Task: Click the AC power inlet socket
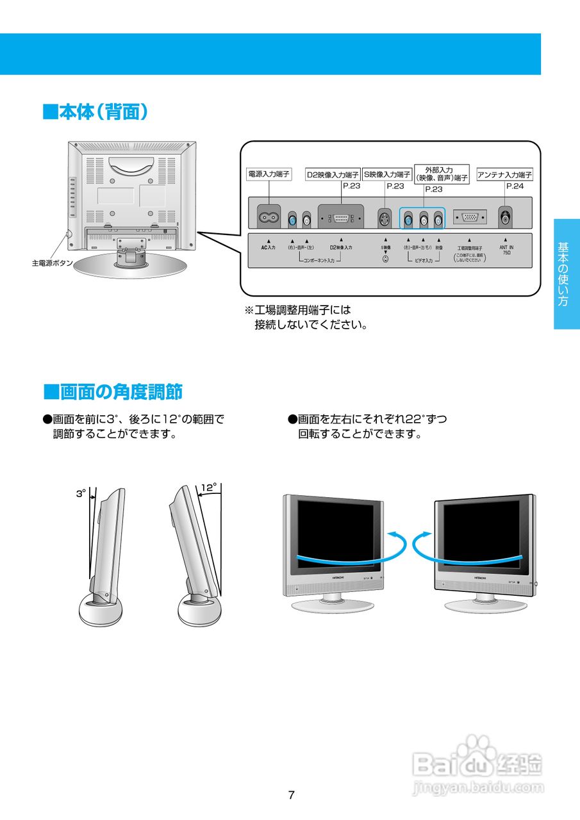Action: click(268, 218)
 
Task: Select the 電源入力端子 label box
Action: click(269, 174)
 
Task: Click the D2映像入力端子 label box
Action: click(332, 174)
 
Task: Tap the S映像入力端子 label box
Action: click(387, 174)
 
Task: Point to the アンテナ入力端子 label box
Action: click(504, 174)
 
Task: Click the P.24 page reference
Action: click(515, 186)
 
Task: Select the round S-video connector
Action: click(384, 220)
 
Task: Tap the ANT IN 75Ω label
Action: click(506, 250)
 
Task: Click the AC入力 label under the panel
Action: click(268, 247)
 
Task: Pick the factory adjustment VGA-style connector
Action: click(470, 218)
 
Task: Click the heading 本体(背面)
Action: click(96, 112)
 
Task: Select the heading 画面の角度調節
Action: click(113, 391)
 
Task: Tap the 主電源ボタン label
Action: click(53, 263)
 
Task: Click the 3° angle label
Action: click(81, 494)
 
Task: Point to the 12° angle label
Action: click(208, 488)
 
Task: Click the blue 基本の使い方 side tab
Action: click(567, 274)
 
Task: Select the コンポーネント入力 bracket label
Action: click(319, 261)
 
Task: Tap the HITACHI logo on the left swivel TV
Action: click(338, 578)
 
